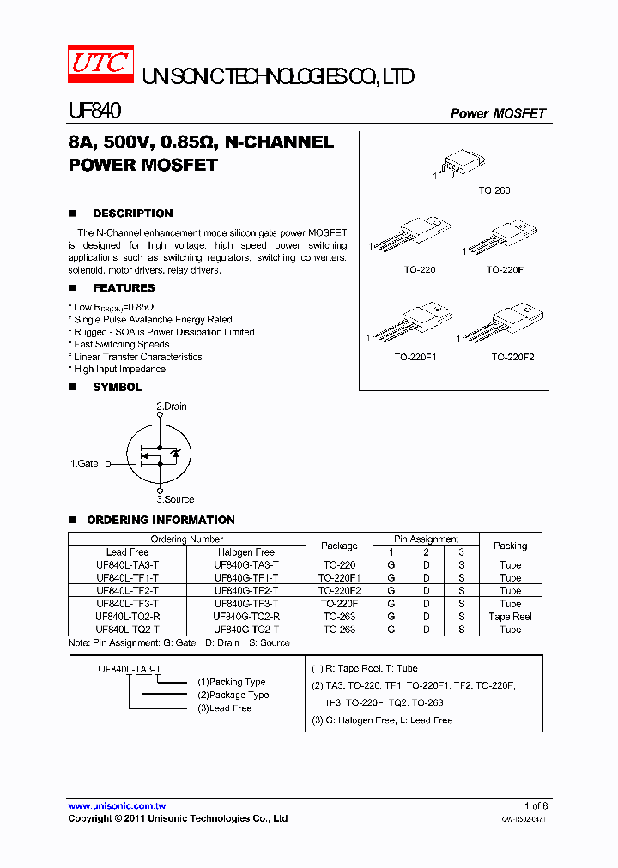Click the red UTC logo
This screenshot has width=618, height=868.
click(x=100, y=64)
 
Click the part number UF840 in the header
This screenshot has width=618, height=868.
click(x=94, y=111)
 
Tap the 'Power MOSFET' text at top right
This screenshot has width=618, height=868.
click(x=498, y=113)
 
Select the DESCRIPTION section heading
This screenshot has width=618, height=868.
click(x=132, y=214)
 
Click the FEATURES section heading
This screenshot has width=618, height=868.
click(x=124, y=288)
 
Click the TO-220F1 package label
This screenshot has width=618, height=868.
click(x=415, y=357)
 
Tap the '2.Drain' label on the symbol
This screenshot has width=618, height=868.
click(x=171, y=407)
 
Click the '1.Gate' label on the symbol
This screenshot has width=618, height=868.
click(x=84, y=463)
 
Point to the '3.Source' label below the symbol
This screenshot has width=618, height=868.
click(x=175, y=499)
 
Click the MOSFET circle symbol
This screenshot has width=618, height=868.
click(x=160, y=454)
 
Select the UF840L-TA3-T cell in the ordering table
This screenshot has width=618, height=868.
click(x=128, y=565)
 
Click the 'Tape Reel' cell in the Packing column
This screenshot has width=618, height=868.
click(x=510, y=617)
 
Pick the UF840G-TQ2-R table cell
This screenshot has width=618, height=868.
click(x=246, y=617)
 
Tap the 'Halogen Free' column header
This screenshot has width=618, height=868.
click(x=246, y=552)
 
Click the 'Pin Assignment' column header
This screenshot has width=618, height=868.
click(x=427, y=539)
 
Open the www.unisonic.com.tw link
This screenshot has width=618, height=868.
click(x=117, y=806)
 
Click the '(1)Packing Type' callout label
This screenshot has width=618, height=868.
click(x=232, y=682)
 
